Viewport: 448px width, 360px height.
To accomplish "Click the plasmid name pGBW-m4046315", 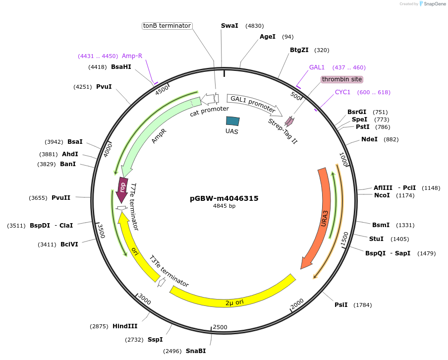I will click(x=224, y=198).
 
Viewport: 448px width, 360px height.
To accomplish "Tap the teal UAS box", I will click(x=232, y=121).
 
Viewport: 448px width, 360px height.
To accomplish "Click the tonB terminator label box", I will click(x=167, y=26).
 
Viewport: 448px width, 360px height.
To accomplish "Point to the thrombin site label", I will click(x=342, y=79).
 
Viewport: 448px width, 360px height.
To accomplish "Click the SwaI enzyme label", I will click(x=229, y=26).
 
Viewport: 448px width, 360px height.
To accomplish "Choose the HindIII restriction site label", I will click(x=125, y=326).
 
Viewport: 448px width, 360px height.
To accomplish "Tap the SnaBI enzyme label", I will click(x=196, y=351).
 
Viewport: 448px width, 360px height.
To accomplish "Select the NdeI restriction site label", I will click(x=369, y=139).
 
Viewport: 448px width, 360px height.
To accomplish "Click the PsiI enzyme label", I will click(x=341, y=305).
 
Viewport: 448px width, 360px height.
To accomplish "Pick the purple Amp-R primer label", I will click(x=132, y=56).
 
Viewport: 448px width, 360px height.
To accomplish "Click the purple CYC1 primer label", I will click(x=342, y=92).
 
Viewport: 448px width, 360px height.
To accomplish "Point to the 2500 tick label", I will click(x=220, y=327).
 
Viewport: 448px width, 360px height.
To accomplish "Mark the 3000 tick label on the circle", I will click(x=145, y=300).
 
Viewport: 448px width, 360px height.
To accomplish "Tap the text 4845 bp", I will click(x=224, y=206).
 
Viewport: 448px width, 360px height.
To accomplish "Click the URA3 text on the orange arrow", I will click(x=325, y=219).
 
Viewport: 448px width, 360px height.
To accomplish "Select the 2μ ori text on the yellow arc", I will click(x=234, y=302).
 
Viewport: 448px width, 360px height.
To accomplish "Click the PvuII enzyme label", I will click(x=61, y=198).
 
